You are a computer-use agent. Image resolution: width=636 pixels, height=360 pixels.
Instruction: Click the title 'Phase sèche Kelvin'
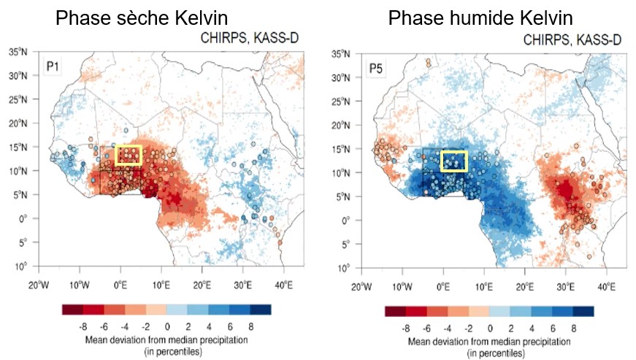tap(144, 18)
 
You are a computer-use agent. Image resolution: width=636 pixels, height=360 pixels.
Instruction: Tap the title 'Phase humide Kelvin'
tap(480, 18)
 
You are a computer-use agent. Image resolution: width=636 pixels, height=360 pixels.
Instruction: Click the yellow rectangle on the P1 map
tap(129, 155)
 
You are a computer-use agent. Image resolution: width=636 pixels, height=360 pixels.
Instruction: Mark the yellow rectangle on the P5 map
tap(453, 161)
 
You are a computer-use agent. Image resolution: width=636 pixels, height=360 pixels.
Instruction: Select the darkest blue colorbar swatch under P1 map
tap(261, 310)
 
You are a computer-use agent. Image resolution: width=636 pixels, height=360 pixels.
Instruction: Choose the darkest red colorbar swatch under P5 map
tap(395, 311)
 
